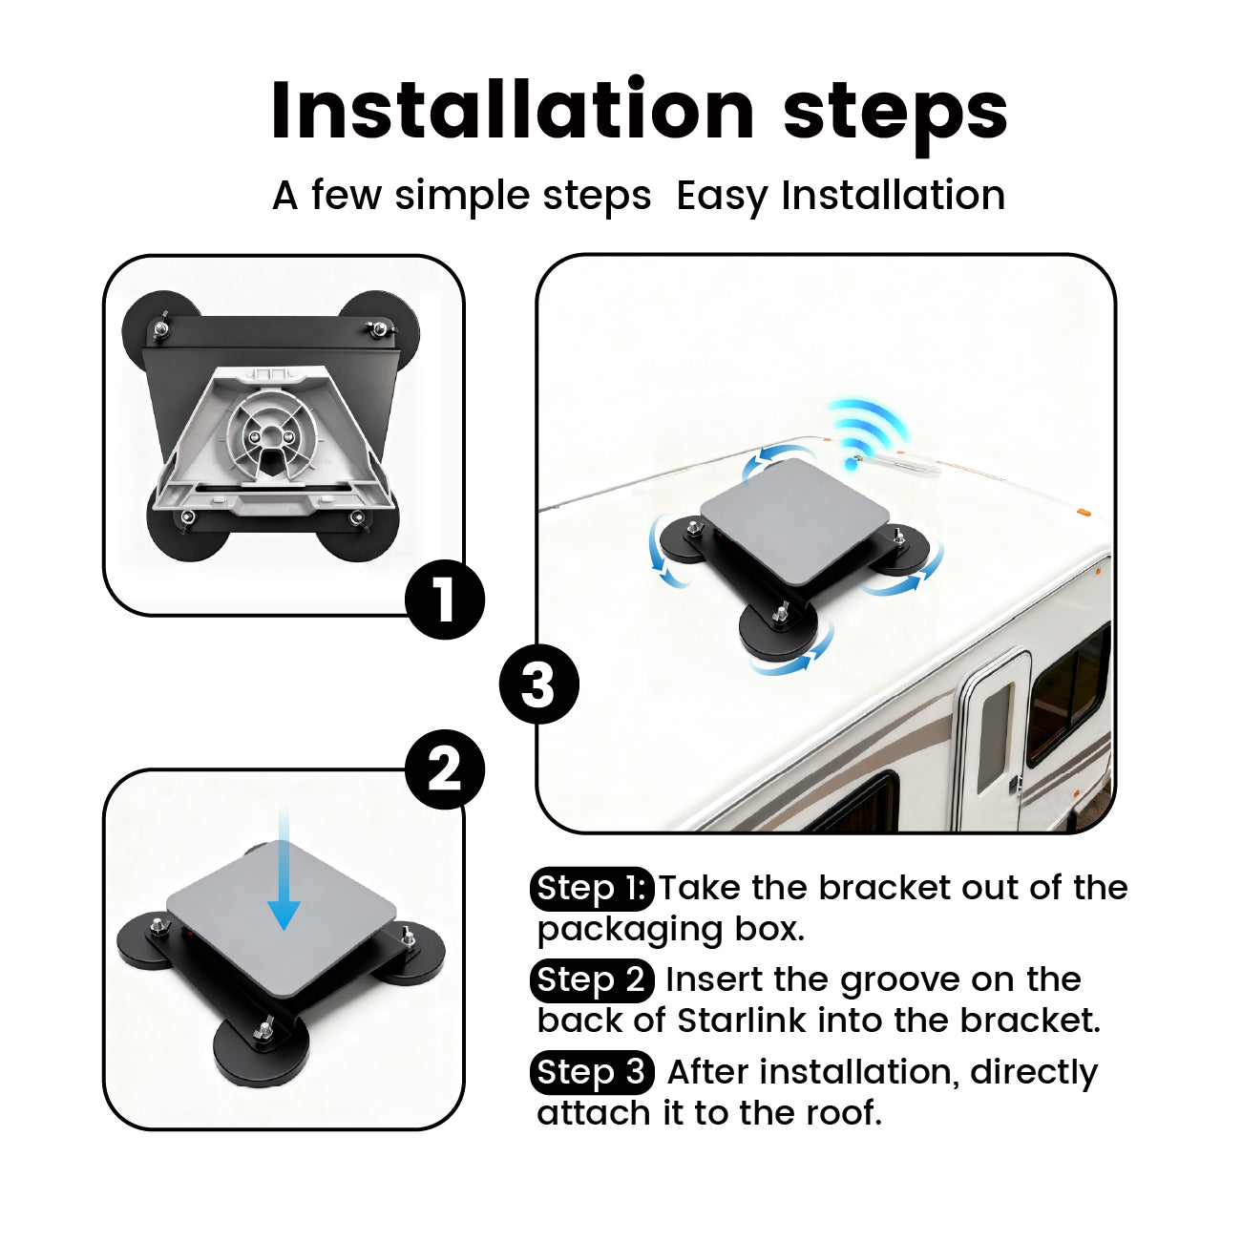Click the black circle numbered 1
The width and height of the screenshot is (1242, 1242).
point(445,600)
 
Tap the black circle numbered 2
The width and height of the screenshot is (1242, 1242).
point(445,769)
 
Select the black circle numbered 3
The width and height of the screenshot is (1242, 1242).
point(538,684)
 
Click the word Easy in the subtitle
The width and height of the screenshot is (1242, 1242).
point(724,197)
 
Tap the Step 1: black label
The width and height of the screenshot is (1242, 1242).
point(592,889)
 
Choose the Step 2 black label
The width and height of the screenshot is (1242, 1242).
point(592,980)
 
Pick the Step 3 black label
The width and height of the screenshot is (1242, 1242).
point(592,1072)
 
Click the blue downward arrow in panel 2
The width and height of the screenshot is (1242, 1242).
point(284,870)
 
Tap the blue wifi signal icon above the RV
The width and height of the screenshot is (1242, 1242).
point(867,431)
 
